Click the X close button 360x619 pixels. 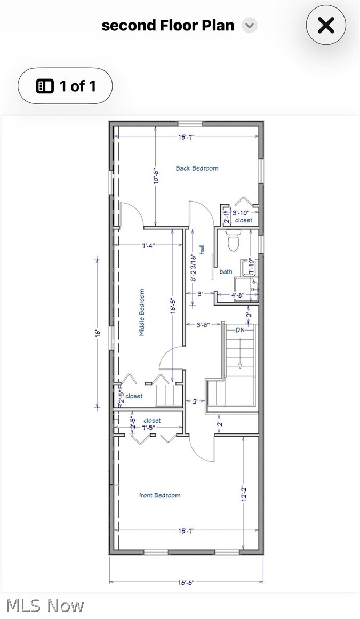[x=326, y=25]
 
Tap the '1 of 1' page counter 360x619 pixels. [x=66, y=86]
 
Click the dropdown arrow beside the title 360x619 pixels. [x=249, y=25]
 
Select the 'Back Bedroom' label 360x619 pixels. [x=197, y=168]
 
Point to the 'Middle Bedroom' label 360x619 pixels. [x=142, y=312]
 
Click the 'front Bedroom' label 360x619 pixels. [x=159, y=495]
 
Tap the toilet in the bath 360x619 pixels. [x=234, y=241]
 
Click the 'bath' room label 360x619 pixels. [x=226, y=272]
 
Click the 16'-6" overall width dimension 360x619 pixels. [x=186, y=583]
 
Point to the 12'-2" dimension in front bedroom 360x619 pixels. [x=244, y=494]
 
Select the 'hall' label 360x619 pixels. [x=202, y=249]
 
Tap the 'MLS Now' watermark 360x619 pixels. [x=45, y=606]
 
